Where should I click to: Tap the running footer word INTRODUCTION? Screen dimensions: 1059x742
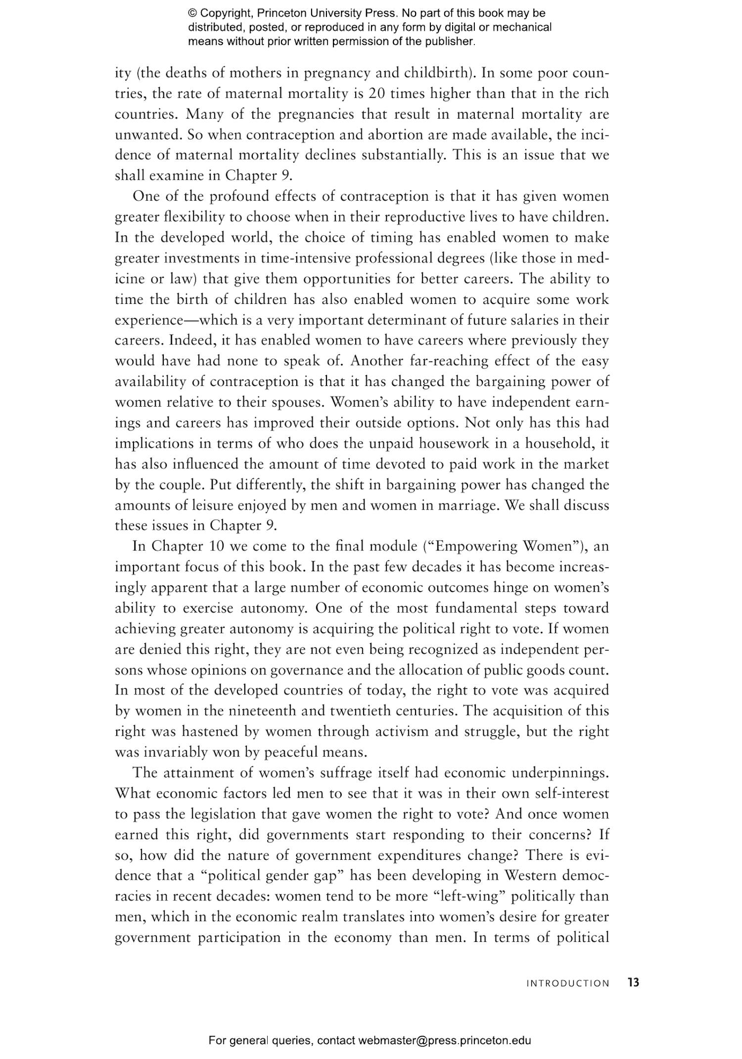click(568, 983)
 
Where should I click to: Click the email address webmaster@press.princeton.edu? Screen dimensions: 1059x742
click(444, 1037)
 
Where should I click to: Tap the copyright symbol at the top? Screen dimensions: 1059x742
click(192, 13)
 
